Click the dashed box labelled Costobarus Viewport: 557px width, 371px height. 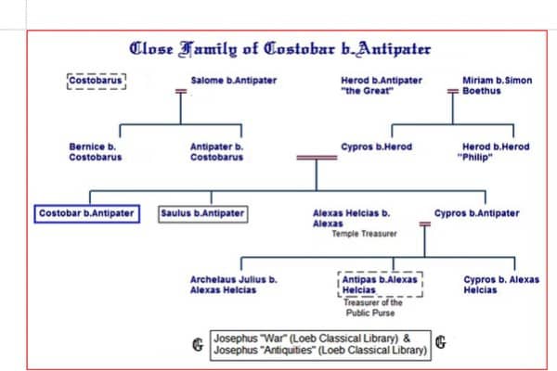click(x=97, y=81)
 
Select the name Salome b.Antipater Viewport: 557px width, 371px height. click(x=234, y=81)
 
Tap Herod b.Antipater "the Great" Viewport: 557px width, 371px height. click(x=382, y=85)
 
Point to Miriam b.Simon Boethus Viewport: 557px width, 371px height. click(x=497, y=85)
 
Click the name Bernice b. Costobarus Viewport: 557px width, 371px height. click(x=96, y=152)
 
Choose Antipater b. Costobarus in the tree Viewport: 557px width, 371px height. click(x=216, y=152)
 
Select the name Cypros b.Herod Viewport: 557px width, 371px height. click(x=377, y=147)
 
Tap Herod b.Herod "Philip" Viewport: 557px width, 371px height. click(x=494, y=152)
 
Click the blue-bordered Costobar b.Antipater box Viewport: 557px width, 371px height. click(x=87, y=213)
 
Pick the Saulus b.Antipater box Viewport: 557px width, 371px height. click(x=202, y=213)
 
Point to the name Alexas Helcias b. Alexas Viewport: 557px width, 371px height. click(x=351, y=218)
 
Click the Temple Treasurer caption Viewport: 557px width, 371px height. click(x=365, y=234)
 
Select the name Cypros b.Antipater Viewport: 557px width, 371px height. click(x=477, y=213)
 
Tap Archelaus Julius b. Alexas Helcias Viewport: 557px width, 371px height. click(x=234, y=285)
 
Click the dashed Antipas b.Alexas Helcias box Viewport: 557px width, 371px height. click(x=380, y=285)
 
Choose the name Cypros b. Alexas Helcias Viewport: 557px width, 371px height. click(x=501, y=285)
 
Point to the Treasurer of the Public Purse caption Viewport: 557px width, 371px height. click(x=372, y=308)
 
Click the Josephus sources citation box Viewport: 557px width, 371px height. click(x=320, y=345)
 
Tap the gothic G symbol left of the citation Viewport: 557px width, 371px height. click(x=198, y=344)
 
